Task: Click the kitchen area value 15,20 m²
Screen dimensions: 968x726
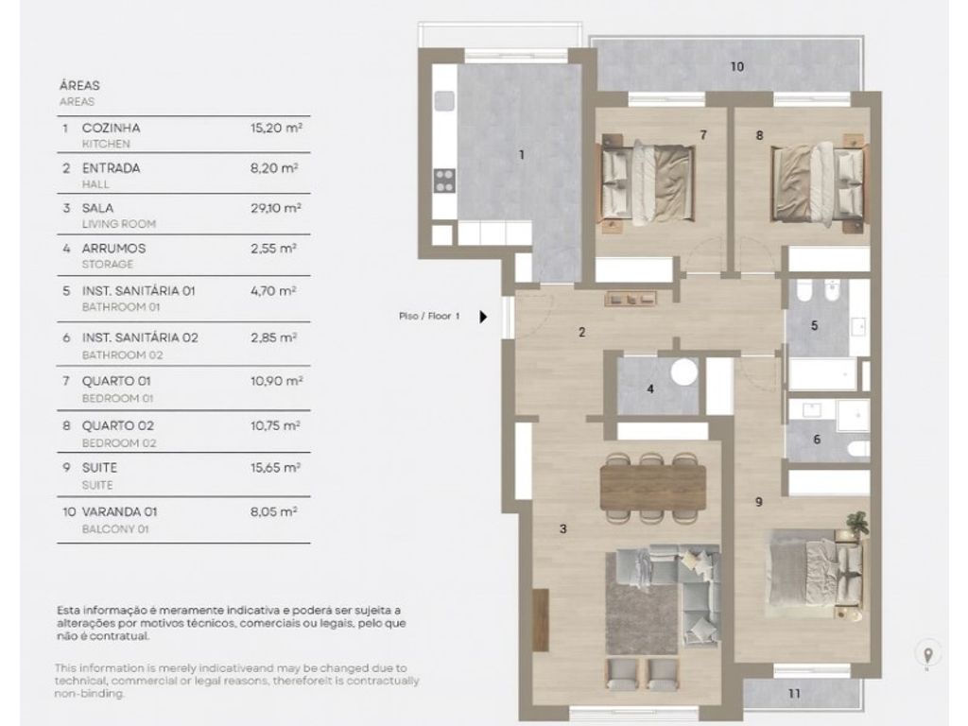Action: [276, 128]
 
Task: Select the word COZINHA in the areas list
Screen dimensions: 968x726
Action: [112, 128]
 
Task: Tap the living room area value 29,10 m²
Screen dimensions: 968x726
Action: [275, 208]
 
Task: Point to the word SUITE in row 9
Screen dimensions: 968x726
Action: [99, 467]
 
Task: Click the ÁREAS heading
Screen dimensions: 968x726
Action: [79, 85]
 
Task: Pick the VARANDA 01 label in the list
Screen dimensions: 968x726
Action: [120, 511]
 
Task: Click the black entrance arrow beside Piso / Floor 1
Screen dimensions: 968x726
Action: [483, 317]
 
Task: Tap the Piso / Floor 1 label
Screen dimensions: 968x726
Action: [429, 316]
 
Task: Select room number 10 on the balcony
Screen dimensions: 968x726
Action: [737, 66]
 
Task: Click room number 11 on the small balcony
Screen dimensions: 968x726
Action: [794, 693]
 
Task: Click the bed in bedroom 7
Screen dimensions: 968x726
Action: [647, 184]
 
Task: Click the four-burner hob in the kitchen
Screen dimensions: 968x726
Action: [444, 181]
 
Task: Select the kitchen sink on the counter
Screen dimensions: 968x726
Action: [444, 100]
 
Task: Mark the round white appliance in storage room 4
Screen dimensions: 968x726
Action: [684, 372]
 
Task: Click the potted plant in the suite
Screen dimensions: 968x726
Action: [856, 524]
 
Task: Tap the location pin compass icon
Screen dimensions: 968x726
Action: [927, 654]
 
